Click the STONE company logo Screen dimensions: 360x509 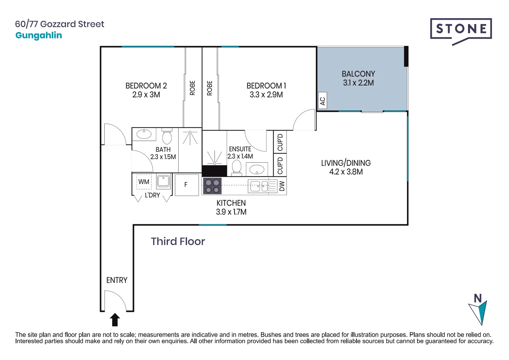click(461, 30)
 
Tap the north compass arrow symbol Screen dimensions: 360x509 click(478, 310)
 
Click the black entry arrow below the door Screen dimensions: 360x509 click(115, 320)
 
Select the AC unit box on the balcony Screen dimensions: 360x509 click(322, 101)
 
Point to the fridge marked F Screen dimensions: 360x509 click(187, 185)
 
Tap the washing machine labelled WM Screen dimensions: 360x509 click(144, 182)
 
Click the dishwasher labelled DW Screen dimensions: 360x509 click(282, 186)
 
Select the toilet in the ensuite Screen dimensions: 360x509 click(237, 167)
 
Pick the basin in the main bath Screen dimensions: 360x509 click(144, 134)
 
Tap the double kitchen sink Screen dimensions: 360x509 click(258, 186)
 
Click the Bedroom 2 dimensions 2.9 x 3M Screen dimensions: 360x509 click(146, 95)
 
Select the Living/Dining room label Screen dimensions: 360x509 click(346, 163)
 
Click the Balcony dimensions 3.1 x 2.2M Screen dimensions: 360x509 click(358, 83)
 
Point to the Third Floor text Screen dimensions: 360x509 click(178, 241)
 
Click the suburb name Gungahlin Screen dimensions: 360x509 click(39, 35)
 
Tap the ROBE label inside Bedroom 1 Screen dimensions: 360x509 click(210, 88)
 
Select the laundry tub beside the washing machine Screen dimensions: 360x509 click(164, 182)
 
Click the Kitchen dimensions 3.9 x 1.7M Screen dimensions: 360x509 click(231, 212)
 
